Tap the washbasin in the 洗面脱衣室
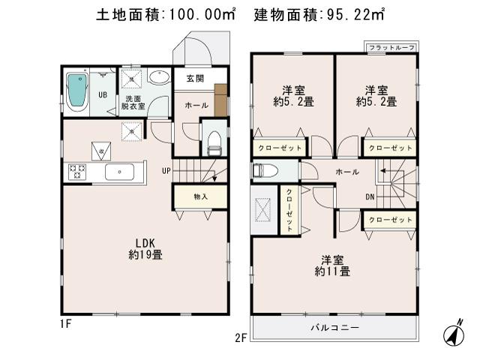160,77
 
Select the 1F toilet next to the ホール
214,140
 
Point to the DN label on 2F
370,197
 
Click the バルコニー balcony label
334,328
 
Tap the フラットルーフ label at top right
389,47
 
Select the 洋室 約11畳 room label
332,266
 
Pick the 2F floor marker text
241,338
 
